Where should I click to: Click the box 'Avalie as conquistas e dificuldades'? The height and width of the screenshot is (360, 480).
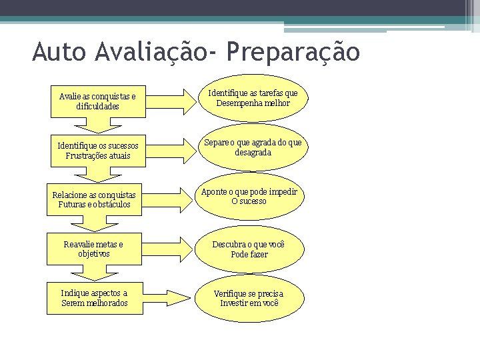(97, 101)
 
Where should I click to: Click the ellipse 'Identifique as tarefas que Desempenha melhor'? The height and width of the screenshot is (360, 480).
(253, 99)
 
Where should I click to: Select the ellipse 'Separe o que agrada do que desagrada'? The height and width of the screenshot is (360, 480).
(253, 147)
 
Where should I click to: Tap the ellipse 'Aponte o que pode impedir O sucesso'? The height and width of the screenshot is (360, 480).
(249, 197)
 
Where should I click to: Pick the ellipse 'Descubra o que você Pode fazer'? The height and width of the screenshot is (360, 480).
(249, 249)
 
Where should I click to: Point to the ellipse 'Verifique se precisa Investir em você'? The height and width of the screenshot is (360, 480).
(249, 298)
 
